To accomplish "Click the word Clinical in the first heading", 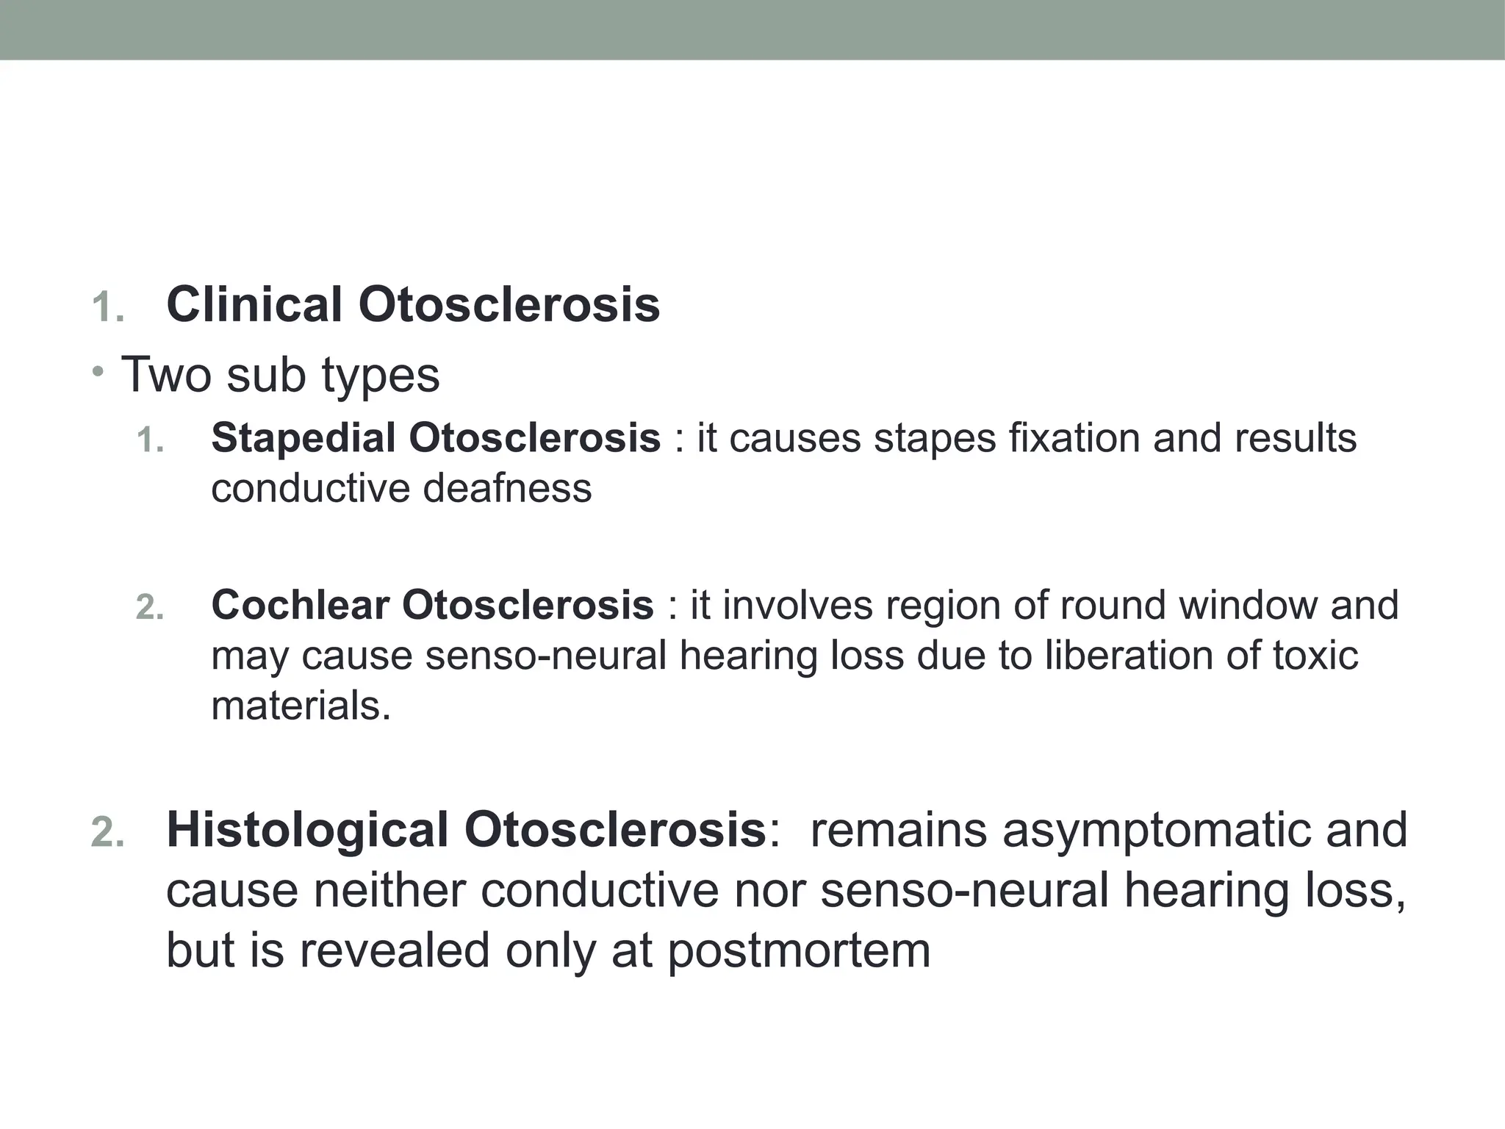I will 254,304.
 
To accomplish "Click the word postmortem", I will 799,950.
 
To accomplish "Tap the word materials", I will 301,706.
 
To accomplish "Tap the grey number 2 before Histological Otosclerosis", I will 107,833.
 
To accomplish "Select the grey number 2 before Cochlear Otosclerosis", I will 149,608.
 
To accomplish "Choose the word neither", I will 389,890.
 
